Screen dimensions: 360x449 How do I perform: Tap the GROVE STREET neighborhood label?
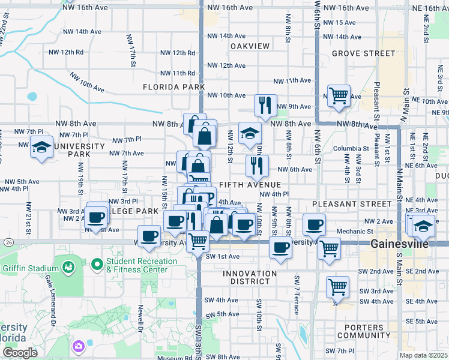(x=364, y=53)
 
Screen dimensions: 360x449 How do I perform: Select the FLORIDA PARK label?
(x=170, y=87)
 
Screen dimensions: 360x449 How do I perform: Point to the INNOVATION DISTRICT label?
(x=250, y=277)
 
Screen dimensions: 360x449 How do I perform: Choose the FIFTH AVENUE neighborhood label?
(x=250, y=184)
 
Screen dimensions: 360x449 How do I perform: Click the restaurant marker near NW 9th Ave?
(x=265, y=106)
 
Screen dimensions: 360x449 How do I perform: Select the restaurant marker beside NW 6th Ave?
(x=256, y=166)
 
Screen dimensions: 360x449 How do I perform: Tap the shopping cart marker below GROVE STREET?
(x=339, y=95)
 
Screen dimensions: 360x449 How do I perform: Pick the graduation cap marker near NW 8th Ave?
(x=250, y=133)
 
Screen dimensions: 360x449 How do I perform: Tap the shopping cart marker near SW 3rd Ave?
(x=337, y=287)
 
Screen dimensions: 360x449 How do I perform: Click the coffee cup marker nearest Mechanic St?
(x=313, y=225)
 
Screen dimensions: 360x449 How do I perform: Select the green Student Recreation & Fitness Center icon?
(x=97, y=264)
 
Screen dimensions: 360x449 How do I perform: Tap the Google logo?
(x=20, y=352)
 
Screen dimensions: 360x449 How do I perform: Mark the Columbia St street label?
(x=351, y=148)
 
